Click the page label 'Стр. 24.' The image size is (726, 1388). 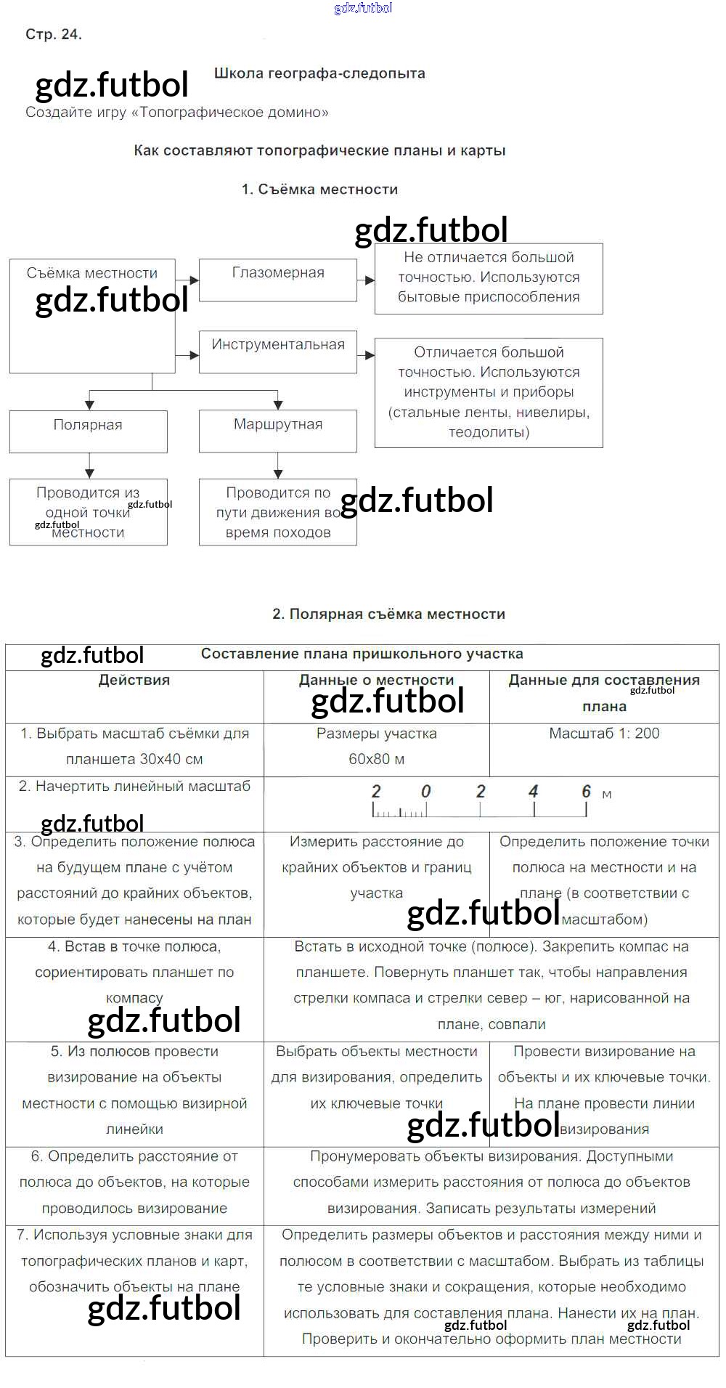pos(53,34)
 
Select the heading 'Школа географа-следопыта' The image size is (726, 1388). pos(319,73)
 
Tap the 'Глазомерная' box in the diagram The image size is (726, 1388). pos(278,280)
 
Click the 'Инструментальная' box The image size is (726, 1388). pos(278,352)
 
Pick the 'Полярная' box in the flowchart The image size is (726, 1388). pos(88,431)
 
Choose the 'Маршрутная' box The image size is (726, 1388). pos(278,431)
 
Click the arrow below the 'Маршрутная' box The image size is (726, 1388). pos(278,465)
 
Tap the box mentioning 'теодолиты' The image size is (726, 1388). pos(489,392)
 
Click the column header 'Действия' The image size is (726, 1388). pos(134,681)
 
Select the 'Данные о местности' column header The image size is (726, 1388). pos(376,681)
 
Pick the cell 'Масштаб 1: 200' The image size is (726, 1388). pos(604,734)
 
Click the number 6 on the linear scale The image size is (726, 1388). pos(586,792)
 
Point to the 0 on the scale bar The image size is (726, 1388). pos(426,792)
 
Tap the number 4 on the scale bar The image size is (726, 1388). pos(534,792)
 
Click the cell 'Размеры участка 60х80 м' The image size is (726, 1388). pos(376,747)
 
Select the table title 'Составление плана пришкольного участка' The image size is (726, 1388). pos(362,654)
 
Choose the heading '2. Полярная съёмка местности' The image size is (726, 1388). pos(388,614)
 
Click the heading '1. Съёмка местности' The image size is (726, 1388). pos(319,190)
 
